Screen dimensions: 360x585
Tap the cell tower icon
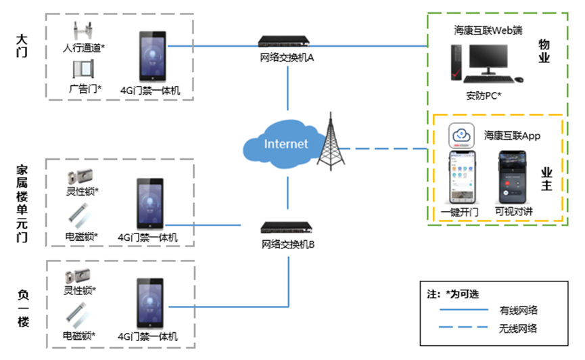[331, 143]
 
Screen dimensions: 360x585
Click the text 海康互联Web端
[488, 30]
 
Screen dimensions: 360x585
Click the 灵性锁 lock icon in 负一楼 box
[76, 277]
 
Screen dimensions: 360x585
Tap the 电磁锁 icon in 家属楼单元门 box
[78, 217]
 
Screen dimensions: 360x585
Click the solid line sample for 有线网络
[463, 310]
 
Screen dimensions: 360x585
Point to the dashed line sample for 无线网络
[463, 329]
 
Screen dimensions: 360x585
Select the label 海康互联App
[512, 136]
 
